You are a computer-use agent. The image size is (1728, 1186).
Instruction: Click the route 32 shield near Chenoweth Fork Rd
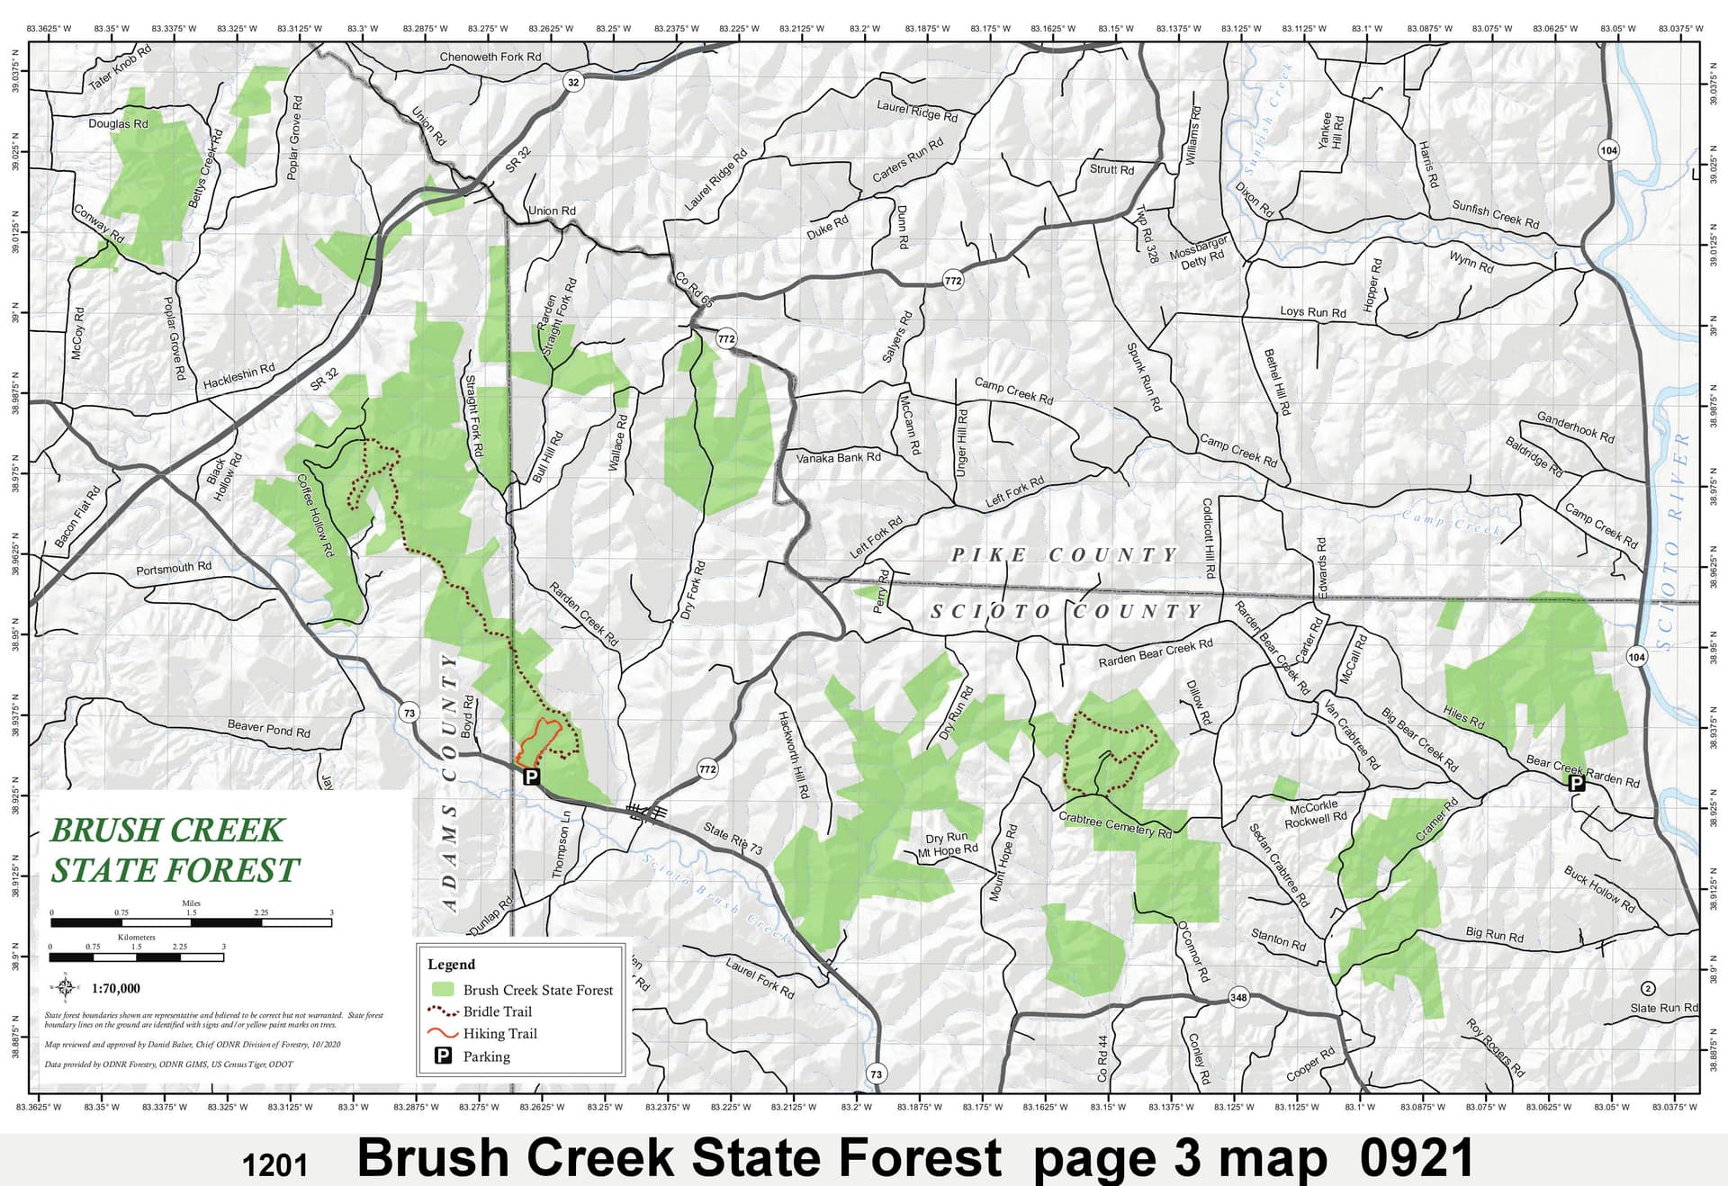[573, 82]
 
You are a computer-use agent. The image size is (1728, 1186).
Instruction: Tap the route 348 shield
[1238, 997]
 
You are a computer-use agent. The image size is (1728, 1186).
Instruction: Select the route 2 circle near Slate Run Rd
[1648, 988]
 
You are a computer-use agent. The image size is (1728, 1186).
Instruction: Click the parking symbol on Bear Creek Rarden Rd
[1576, 783]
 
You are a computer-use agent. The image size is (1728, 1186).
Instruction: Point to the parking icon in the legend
[443, 1056]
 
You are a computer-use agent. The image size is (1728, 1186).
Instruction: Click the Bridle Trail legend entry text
[497, 1011]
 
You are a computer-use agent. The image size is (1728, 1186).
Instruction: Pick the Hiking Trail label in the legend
[499, 1033]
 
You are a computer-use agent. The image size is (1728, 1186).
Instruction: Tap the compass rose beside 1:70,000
[66, 987]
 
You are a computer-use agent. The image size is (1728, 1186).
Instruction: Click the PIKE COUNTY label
[1064, 555]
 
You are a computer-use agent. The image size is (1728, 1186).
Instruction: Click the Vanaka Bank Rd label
[838, 457]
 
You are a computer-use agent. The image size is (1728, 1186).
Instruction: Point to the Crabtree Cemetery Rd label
[1114, 824]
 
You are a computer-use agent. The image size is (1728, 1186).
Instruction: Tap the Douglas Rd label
[118, 123]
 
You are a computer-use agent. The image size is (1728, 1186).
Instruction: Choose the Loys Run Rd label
[1312, 311]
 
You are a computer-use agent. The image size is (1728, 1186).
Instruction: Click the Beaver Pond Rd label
[268, 728]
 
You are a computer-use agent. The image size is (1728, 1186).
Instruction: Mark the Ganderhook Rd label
[1575, 427]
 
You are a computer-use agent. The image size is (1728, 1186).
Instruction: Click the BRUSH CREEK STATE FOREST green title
[173, 849]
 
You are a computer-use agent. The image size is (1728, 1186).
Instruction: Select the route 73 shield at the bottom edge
[876, 1074]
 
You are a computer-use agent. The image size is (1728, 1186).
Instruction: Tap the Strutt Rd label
[1111, 169]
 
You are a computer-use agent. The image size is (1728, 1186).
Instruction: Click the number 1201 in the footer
[274, 1165]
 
